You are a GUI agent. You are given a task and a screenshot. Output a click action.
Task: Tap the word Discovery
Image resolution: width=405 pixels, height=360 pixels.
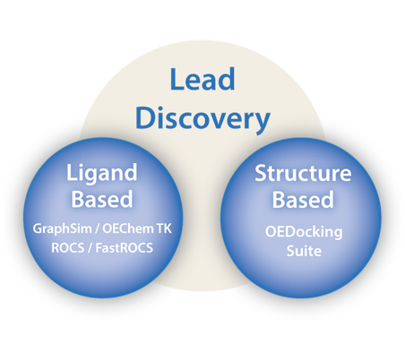click(202, 118)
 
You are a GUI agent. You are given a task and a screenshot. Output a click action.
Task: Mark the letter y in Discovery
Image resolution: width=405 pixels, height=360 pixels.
click(263, 122)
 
